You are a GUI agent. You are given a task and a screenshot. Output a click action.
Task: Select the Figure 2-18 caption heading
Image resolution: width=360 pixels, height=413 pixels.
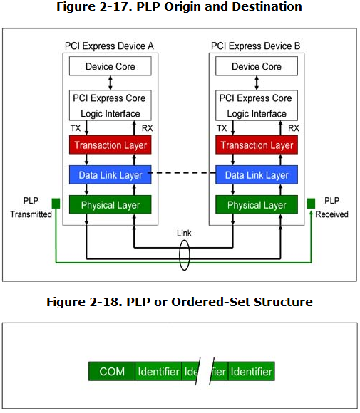pyautogui.click(x=180, y=302)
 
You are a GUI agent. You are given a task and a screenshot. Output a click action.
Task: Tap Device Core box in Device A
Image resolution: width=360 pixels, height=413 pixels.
pyautogui.click(x=110, y=67)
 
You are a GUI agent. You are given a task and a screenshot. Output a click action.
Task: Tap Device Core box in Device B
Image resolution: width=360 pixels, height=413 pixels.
pyautogui.click(x=257, y=67)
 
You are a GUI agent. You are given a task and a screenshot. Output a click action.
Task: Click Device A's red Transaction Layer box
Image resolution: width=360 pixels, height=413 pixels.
pyautogui.click(x=110, y=145)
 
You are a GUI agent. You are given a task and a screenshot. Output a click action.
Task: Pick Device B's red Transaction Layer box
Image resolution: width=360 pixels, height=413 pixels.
pyautogui.click(x=257, y=145)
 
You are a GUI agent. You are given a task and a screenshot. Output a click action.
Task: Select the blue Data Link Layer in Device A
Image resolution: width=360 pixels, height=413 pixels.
pyautogui.click(x=110, y=175)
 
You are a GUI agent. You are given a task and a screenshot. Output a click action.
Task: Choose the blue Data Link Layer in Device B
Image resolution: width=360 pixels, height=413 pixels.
pyautogui.click(x=257, y=175)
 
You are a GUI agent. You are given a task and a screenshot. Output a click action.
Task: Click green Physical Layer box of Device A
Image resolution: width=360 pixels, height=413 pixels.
pyautogui.click(x=110, y=205)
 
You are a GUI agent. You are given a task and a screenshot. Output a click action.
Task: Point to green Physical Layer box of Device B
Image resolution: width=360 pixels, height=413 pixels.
pyautogui.click(x=257, y=205)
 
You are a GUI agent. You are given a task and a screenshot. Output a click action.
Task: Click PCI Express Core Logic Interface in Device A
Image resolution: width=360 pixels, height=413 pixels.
pyautogui.click(x=110, y=105)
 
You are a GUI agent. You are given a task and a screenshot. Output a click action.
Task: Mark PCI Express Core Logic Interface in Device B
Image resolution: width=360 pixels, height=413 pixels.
pyautogui.click(x=257, y=105)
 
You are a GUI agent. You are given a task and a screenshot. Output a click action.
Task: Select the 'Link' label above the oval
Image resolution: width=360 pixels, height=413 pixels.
pyautogui.click(x=185, y=234)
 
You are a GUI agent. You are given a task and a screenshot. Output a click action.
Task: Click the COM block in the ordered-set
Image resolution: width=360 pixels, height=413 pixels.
pyautogui.click(x=112, y=372)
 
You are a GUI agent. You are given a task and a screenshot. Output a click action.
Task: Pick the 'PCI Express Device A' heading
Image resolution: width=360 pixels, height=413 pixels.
pyautogui.click(x=110, y=46)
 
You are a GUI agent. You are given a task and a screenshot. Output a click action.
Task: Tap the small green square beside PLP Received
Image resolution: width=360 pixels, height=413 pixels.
pyautogui.click(x=311, y=204)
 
